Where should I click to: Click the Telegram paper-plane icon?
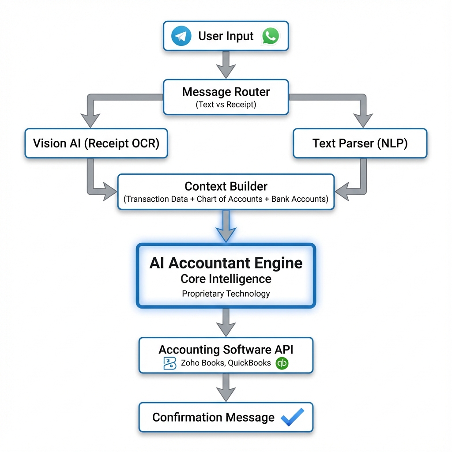click(181, 36)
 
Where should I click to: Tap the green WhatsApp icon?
click(270, 36)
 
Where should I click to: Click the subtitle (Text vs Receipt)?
click(226, 105)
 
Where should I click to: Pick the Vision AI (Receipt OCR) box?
click(96, 143)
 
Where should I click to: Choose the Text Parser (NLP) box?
click(360, 143)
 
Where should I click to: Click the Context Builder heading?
click(226, 186)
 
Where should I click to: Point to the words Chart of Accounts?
click(230, 199)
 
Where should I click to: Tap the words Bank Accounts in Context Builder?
click(299, 199)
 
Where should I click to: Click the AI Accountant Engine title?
click(226, 263)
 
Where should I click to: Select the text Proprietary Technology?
click(226, 294)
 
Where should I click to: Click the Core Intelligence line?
click(226, 279)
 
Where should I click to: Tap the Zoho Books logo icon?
click(169, 364)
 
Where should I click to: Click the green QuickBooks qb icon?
click(282, 364)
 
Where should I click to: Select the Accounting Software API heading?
click(226, 350)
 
